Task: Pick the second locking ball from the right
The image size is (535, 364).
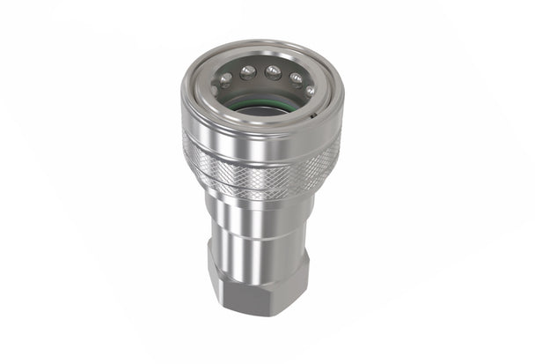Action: [297, 77]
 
